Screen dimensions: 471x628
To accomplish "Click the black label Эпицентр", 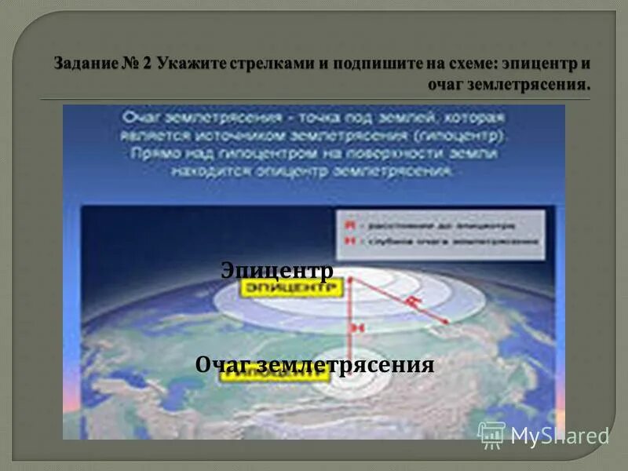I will pyautogui.click(x=277, y=271).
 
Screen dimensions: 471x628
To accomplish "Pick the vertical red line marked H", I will pyautogui.click(x=351, y=314).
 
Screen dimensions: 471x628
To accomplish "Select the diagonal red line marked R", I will pyautogui.click(x=399, y=301).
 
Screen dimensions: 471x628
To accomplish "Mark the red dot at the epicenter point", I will pyautogui.click(x=351, y=279).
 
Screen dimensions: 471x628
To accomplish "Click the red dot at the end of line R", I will pyautogui.click(x=447, y=321).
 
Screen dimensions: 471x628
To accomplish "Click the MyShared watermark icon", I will pyautogui.click(x=491, y=434).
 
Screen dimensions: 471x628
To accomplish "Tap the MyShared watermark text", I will pyautogui.click(x=560, y=436).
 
